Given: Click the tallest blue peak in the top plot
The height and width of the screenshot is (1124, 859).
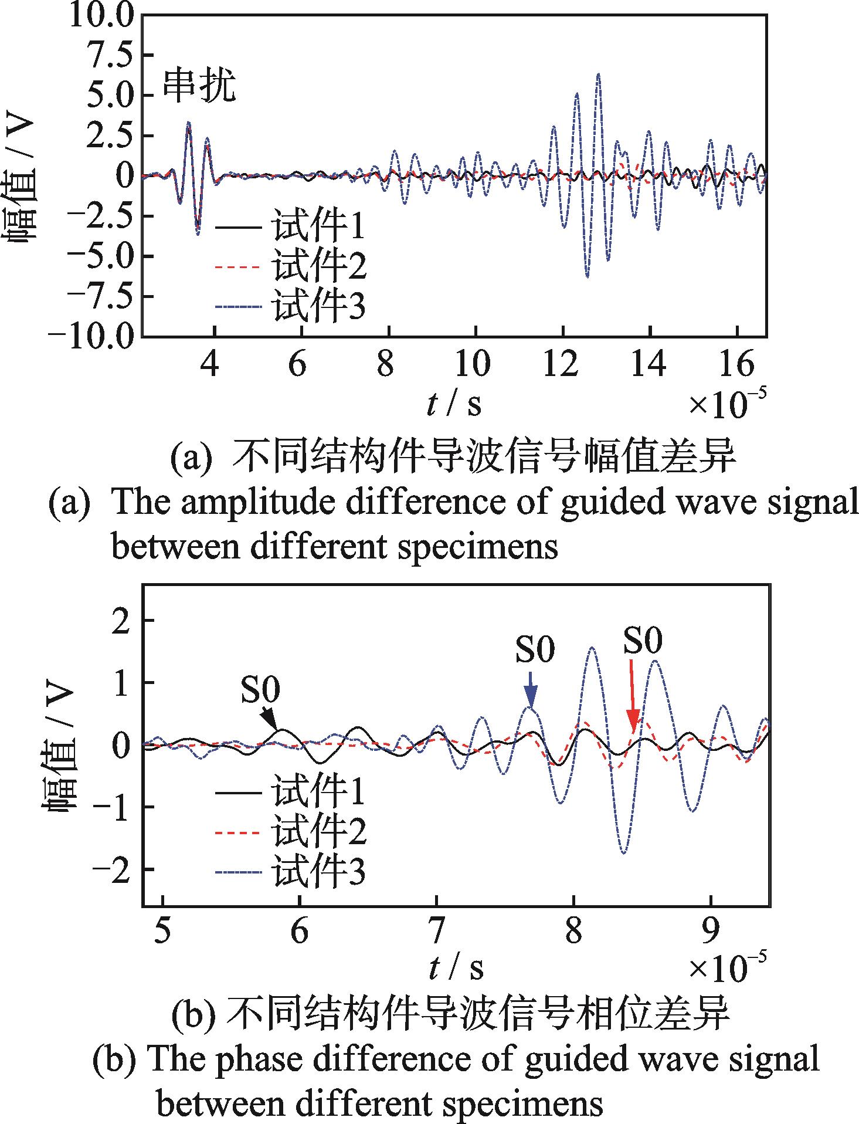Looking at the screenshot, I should [598, 75].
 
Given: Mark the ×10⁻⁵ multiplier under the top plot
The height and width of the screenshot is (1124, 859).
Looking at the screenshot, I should [726, 404].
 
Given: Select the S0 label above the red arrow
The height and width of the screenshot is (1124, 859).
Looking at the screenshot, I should [642, 641].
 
